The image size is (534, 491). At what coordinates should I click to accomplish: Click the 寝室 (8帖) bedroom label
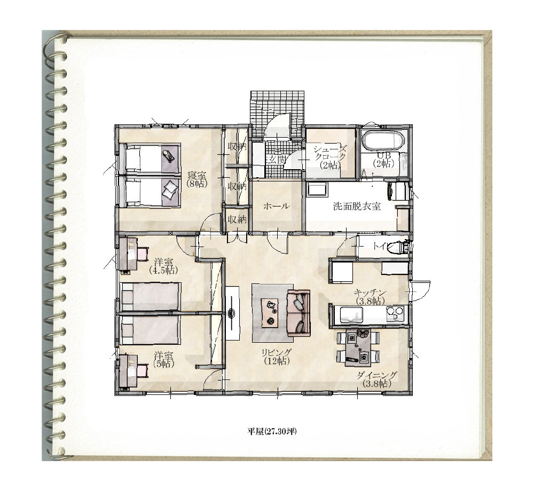[197, 179]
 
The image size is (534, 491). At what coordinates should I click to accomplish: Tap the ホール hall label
[277, 206]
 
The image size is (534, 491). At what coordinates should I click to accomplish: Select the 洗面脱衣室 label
[357, 206]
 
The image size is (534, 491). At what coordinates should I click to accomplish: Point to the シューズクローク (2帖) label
[330, 157]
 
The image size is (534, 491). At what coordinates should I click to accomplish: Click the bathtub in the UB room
[383, 140]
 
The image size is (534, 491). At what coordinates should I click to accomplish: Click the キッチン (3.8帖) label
[370, 297]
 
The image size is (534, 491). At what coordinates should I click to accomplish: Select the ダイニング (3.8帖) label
[376, 379]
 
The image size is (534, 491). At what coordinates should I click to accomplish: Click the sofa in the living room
[299, 313]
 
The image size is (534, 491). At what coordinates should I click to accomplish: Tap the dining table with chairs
[358, 347]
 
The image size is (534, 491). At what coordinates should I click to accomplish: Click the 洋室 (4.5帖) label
[163, 266]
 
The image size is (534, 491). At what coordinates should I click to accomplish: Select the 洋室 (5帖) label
[163, 359]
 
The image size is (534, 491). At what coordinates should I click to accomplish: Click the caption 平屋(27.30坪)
[272, 432]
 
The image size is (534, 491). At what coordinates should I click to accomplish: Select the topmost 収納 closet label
[237, 147]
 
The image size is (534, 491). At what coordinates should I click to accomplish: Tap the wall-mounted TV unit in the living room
[233, 312]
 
